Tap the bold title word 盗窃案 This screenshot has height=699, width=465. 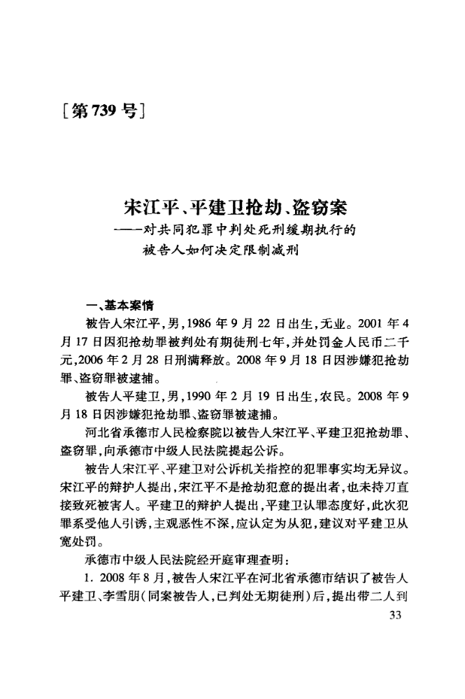(317, 208)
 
